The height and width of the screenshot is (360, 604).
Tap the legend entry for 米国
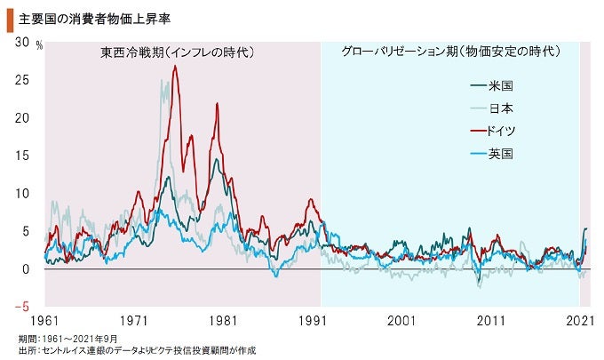click(x=501, y=86)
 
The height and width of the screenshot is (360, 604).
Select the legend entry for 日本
click(x=501, y=108)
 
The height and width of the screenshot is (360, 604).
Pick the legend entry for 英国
click(x=501, y=153)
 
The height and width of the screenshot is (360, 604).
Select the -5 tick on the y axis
click(x=20, y=307)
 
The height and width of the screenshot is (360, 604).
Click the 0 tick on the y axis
click(x=26, y=269)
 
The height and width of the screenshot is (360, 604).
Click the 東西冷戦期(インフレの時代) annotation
click(x=177, y=53)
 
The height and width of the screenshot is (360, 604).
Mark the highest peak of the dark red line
click(x=176, y=67)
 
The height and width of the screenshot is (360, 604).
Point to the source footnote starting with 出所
click(x=137, y=351)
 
